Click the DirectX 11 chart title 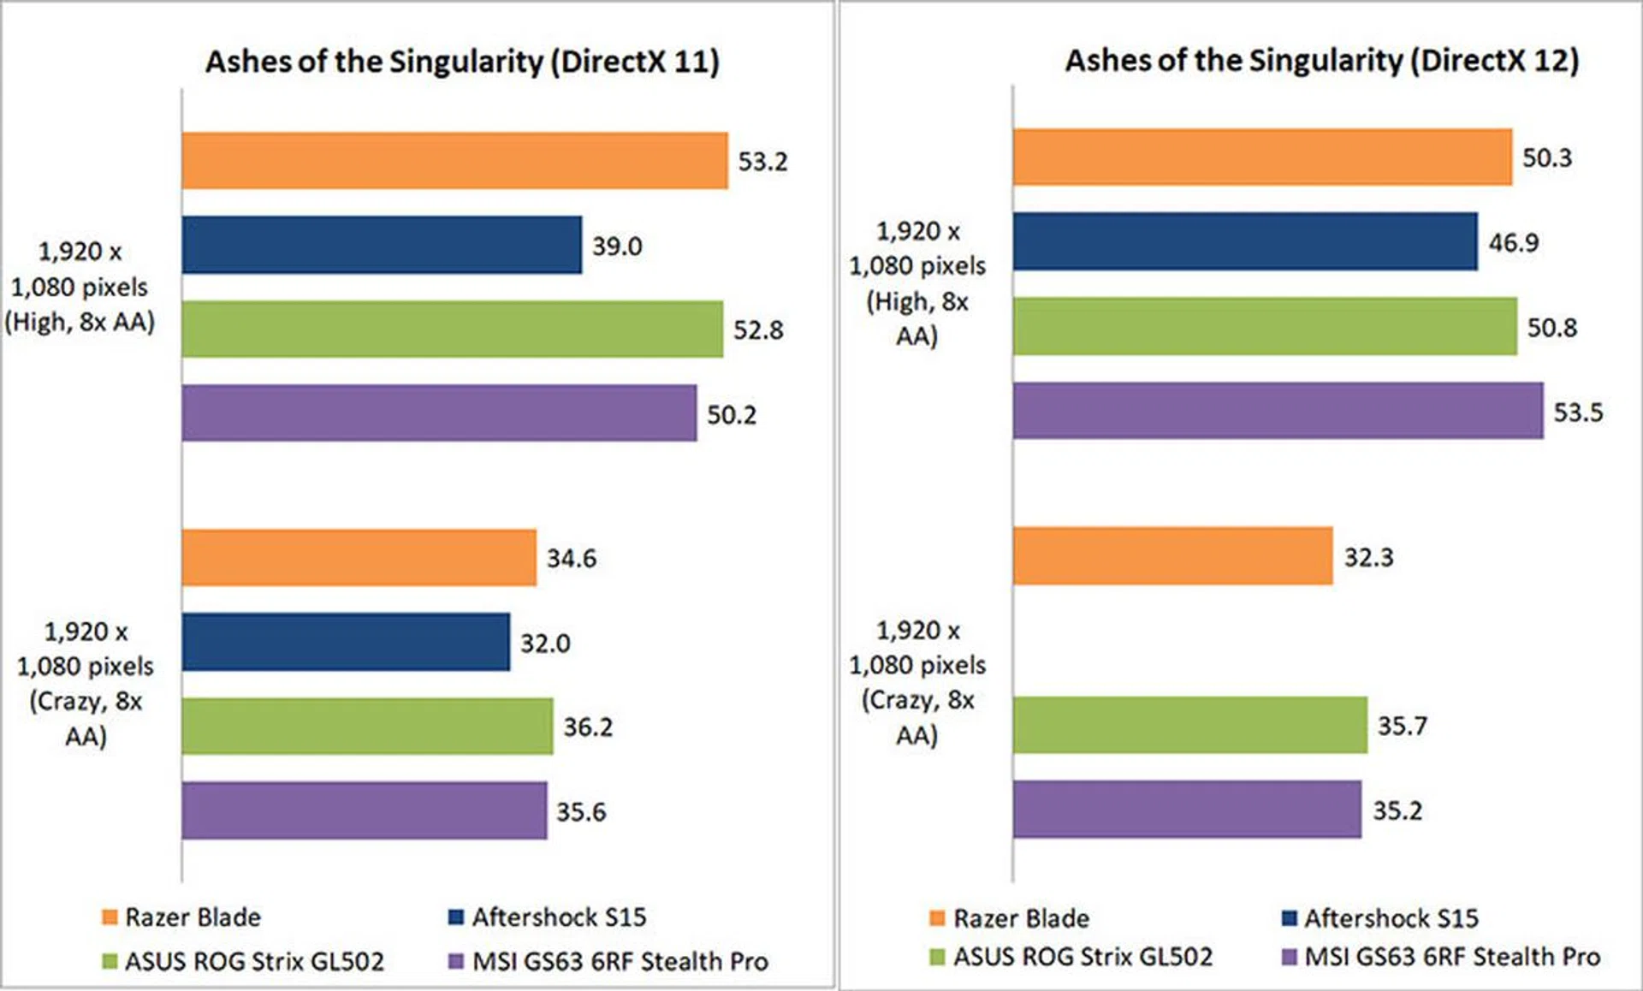[462, 62]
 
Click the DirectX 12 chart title [1321, 60]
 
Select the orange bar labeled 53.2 [454, 160]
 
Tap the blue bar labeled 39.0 [382, 245]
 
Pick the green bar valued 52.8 [452, 329]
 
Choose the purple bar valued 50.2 [439, 412]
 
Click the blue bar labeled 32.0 [346, 642]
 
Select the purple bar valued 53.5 [1278, 411]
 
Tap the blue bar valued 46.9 [1245, 241]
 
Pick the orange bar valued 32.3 [1173, 556]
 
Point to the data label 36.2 [588, 727]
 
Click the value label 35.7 [1403, 726]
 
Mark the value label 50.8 [1552, 327]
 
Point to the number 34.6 [572, 558]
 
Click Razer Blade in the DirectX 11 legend [193, 917]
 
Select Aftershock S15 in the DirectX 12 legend [1391, 918]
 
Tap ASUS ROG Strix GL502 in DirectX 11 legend [254, 961]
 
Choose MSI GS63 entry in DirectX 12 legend [1451, 956]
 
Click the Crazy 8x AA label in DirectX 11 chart [86, 683]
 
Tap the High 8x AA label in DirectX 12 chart [917, 283]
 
